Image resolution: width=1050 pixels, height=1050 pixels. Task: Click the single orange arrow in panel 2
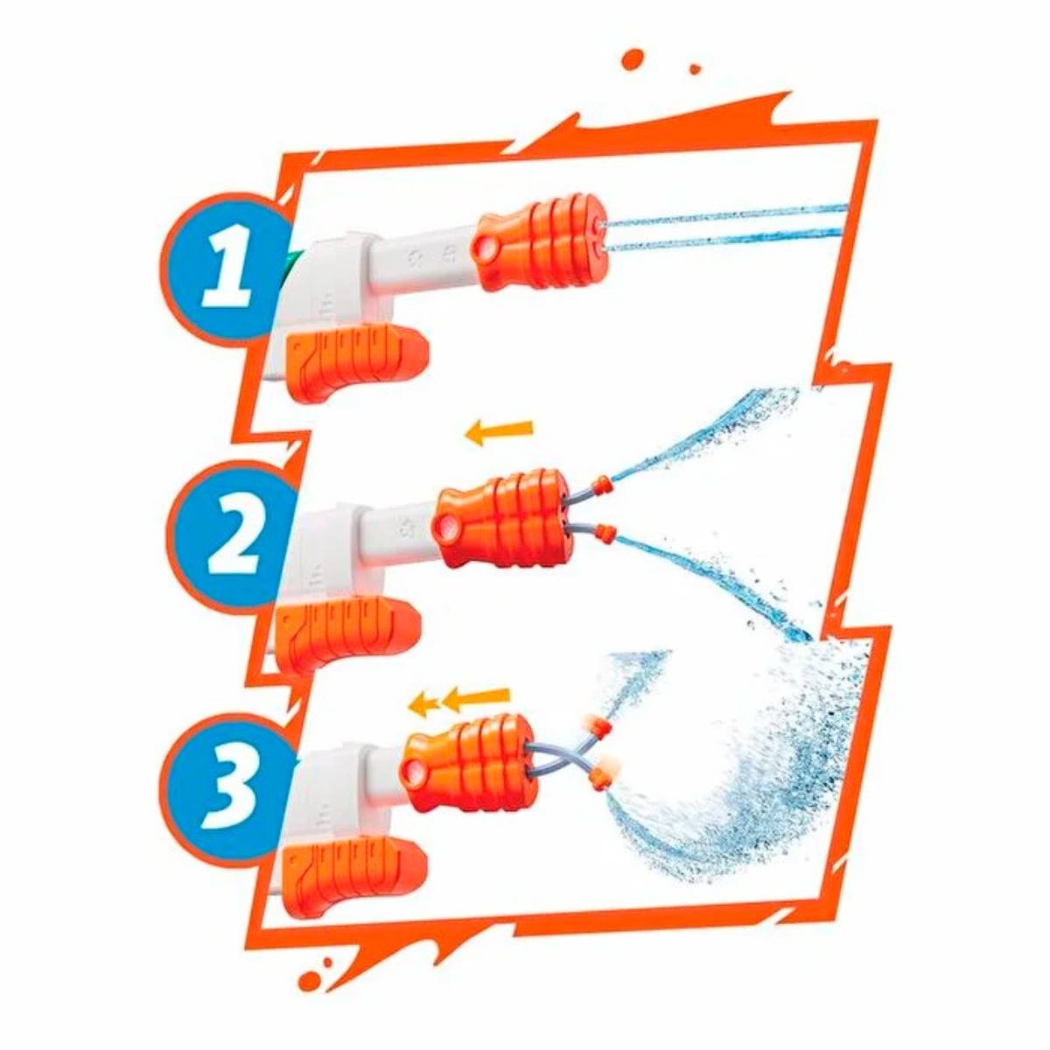point(498,430)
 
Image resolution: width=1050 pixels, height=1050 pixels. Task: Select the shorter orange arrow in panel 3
point(425,702)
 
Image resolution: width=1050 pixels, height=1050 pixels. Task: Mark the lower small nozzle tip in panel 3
point(602,773)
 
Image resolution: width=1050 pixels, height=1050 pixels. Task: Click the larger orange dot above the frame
point(632,59)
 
